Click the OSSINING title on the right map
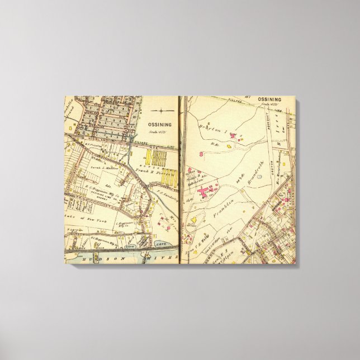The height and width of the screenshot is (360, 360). (x=269, y=100)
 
